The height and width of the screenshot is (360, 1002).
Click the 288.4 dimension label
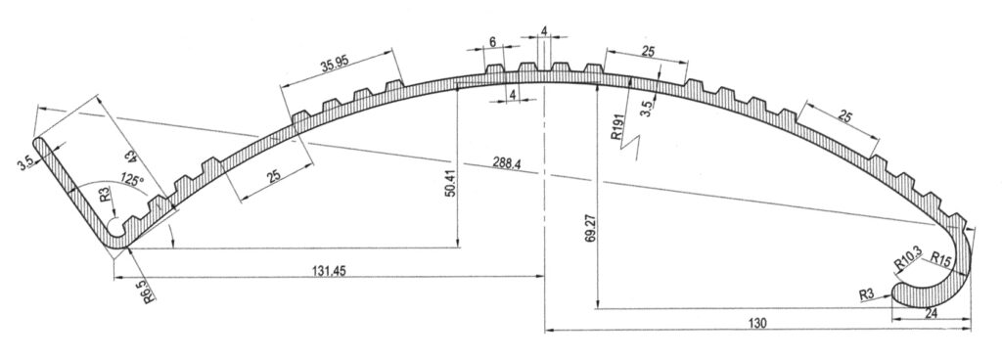pyautogui.click(x=507, y=164)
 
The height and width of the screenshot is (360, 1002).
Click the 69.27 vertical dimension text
pyautogui.click(x=590, y=227)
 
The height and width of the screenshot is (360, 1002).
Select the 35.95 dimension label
pyautogui.click(x=335, y=64)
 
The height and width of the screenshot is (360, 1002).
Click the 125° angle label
pyautogui.click(x=131, y=180)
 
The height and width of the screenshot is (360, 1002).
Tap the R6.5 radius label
pyautogui.click(x=148, y=290)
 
